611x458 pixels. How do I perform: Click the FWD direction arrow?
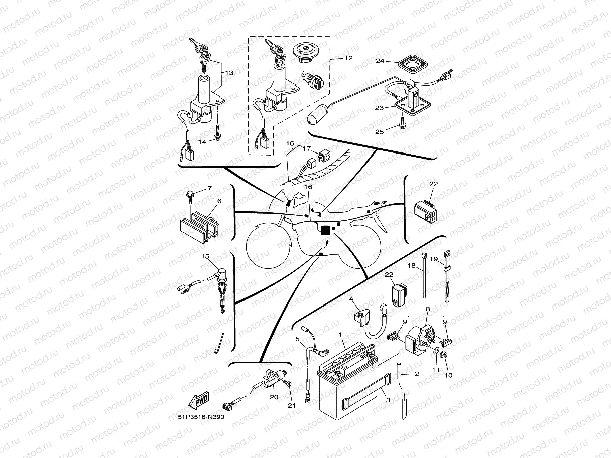[x=199, y=401]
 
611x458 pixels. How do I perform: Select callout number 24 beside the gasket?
[x=380, y=61]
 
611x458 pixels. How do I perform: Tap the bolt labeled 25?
[x=403, y=121]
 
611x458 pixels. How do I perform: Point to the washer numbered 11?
[x=434, y=350]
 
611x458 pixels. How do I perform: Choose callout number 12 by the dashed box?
[x=348, y=58]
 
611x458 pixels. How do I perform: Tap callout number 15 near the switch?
[x=205, y=256]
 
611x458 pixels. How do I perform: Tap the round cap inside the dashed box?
[x=305, y=52]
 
